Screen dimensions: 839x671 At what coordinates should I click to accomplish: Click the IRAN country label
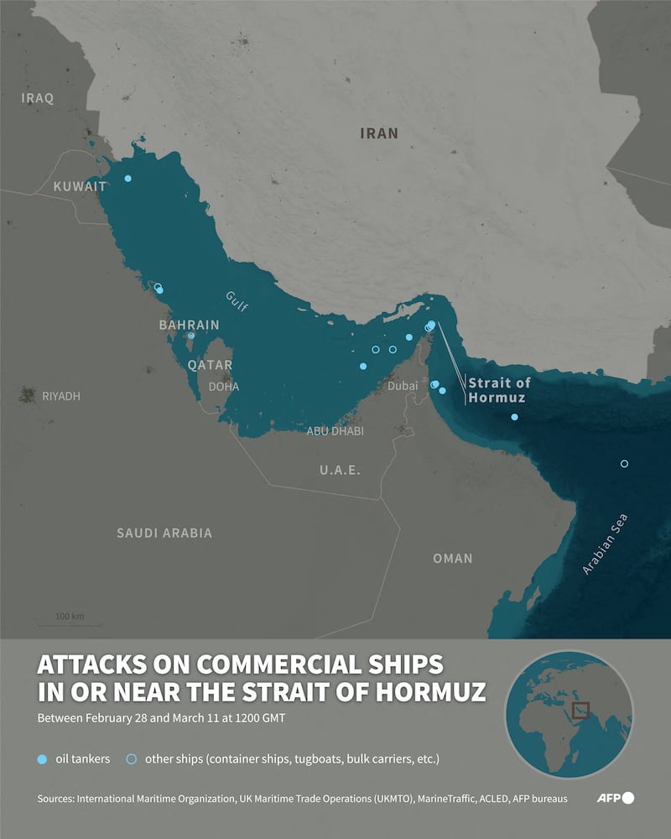coord(378,133)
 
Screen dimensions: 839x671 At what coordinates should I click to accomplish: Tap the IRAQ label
coord(38,98)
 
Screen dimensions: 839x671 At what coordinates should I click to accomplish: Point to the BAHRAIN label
coord(189,325)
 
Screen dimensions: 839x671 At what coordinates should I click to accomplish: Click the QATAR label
coord(210,365)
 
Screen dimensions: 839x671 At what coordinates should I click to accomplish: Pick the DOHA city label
coord(224,387)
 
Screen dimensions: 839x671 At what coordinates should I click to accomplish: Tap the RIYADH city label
coord(61,396)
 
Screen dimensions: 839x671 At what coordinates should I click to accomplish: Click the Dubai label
coord(404,387)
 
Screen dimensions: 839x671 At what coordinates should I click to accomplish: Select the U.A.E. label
coord(340,470)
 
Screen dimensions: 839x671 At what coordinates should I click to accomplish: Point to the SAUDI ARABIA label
coord(164,533)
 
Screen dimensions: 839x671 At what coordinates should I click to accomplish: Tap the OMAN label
coord(452,558)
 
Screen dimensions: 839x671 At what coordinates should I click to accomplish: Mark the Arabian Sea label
coord(606,544)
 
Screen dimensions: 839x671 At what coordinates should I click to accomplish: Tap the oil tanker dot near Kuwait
coord(127,179)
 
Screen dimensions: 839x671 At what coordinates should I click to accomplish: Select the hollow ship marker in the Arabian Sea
coord(624,464)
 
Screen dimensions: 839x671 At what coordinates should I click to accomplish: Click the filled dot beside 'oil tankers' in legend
coord(43,759)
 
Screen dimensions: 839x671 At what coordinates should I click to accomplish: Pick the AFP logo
coord(616,798)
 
